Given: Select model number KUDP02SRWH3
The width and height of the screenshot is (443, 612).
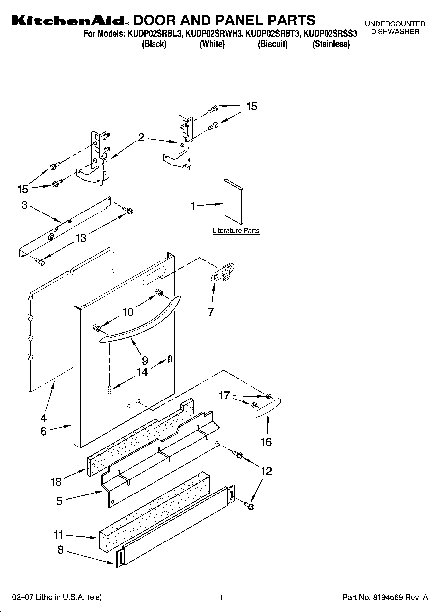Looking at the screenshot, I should click(213, 34).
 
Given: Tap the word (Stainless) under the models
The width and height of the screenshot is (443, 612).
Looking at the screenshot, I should click(331, 44).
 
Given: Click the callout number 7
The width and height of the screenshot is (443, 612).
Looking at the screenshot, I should click(211, 312).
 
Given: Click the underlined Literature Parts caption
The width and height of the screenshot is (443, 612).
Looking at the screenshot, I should click(236, 231).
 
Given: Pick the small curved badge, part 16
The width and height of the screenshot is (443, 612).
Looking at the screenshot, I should click(268, 408).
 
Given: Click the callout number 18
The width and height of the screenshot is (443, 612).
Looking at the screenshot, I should click(56, 482).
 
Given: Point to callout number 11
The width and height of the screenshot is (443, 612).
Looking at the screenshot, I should click(59, 535).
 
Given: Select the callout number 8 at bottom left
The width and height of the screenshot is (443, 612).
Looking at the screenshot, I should click(60, 550).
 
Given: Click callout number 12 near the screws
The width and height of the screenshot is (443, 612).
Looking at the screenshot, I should click(266, 471).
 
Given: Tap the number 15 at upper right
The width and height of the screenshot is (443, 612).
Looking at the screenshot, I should click(251, 106).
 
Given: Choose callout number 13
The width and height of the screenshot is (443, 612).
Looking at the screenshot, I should click(81, 238).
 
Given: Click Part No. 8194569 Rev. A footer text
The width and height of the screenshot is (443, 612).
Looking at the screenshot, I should click(385, 597).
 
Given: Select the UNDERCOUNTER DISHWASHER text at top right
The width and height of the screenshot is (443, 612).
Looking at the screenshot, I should click(395, 28).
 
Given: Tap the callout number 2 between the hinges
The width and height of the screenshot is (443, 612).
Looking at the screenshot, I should click(141, 138).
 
